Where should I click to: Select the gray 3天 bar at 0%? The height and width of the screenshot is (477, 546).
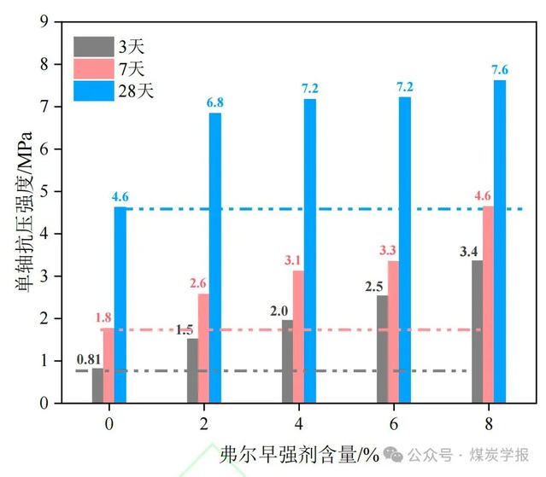[x=98, y=385]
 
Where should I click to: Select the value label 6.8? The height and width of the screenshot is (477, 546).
[x=214, y=103]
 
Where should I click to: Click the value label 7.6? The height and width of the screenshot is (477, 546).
[x=500, y=70]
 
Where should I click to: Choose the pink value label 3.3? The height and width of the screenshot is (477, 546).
[x=388, y=251]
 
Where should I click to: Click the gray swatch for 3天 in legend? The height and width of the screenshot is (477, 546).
[x=93, y=45]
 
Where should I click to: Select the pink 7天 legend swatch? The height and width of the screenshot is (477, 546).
[x=93, y=67]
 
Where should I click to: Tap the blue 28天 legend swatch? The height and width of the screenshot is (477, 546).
[x=93, y=90]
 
